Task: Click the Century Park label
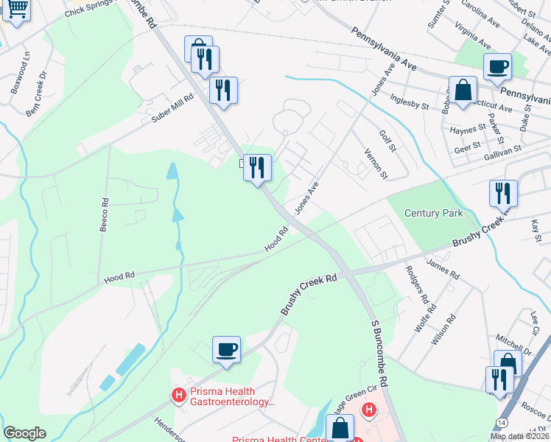point(434,213)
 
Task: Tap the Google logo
point(24,433)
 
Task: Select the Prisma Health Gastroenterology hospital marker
point(178,396)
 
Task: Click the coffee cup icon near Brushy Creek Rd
point(226,348)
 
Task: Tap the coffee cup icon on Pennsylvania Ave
point(497,66)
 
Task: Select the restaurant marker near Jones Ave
point(257,167)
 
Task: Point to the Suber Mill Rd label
point(172,108)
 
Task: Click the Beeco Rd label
point(104,214)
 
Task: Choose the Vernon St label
point(376,163)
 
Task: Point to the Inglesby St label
point(410,101)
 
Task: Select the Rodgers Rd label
point(416,284)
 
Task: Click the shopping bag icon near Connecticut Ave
point(462,91)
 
